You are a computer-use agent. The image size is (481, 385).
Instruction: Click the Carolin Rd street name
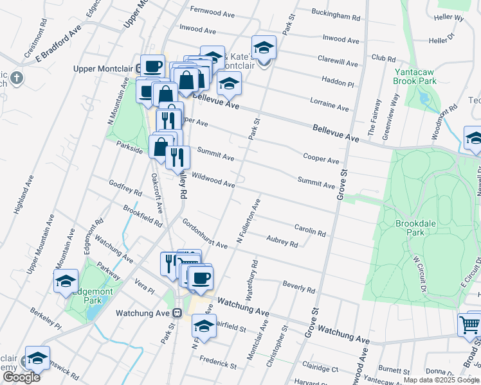click(310, 230)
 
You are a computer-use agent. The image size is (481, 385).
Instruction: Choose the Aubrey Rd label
click(282, 241)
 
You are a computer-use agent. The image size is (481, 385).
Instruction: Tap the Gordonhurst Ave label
click(205, 234)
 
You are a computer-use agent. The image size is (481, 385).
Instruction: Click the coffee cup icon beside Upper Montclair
click(153, 66)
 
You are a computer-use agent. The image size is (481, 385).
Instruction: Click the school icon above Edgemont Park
click(66, 281)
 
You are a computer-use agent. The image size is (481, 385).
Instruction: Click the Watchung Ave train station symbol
click(176, 313)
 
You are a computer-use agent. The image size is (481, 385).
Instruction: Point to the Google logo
click(22, 377)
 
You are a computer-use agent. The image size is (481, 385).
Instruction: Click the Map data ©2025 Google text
click(441, 380)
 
